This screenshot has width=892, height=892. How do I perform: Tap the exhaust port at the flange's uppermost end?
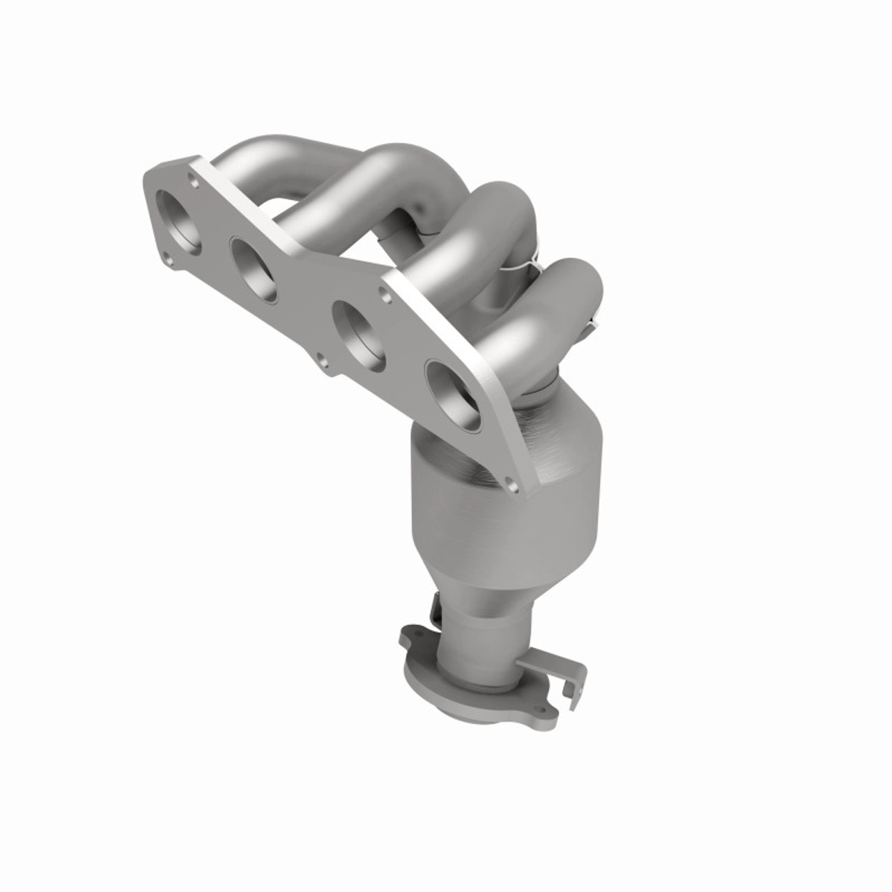coord(179,221)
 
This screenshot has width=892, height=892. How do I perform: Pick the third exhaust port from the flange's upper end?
coord(358,334)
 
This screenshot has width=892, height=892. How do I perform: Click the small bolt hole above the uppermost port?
coord(193,182)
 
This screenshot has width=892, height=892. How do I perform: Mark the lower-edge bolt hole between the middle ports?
coord(321,360)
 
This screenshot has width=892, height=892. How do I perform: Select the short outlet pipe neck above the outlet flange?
coord(481,638)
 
